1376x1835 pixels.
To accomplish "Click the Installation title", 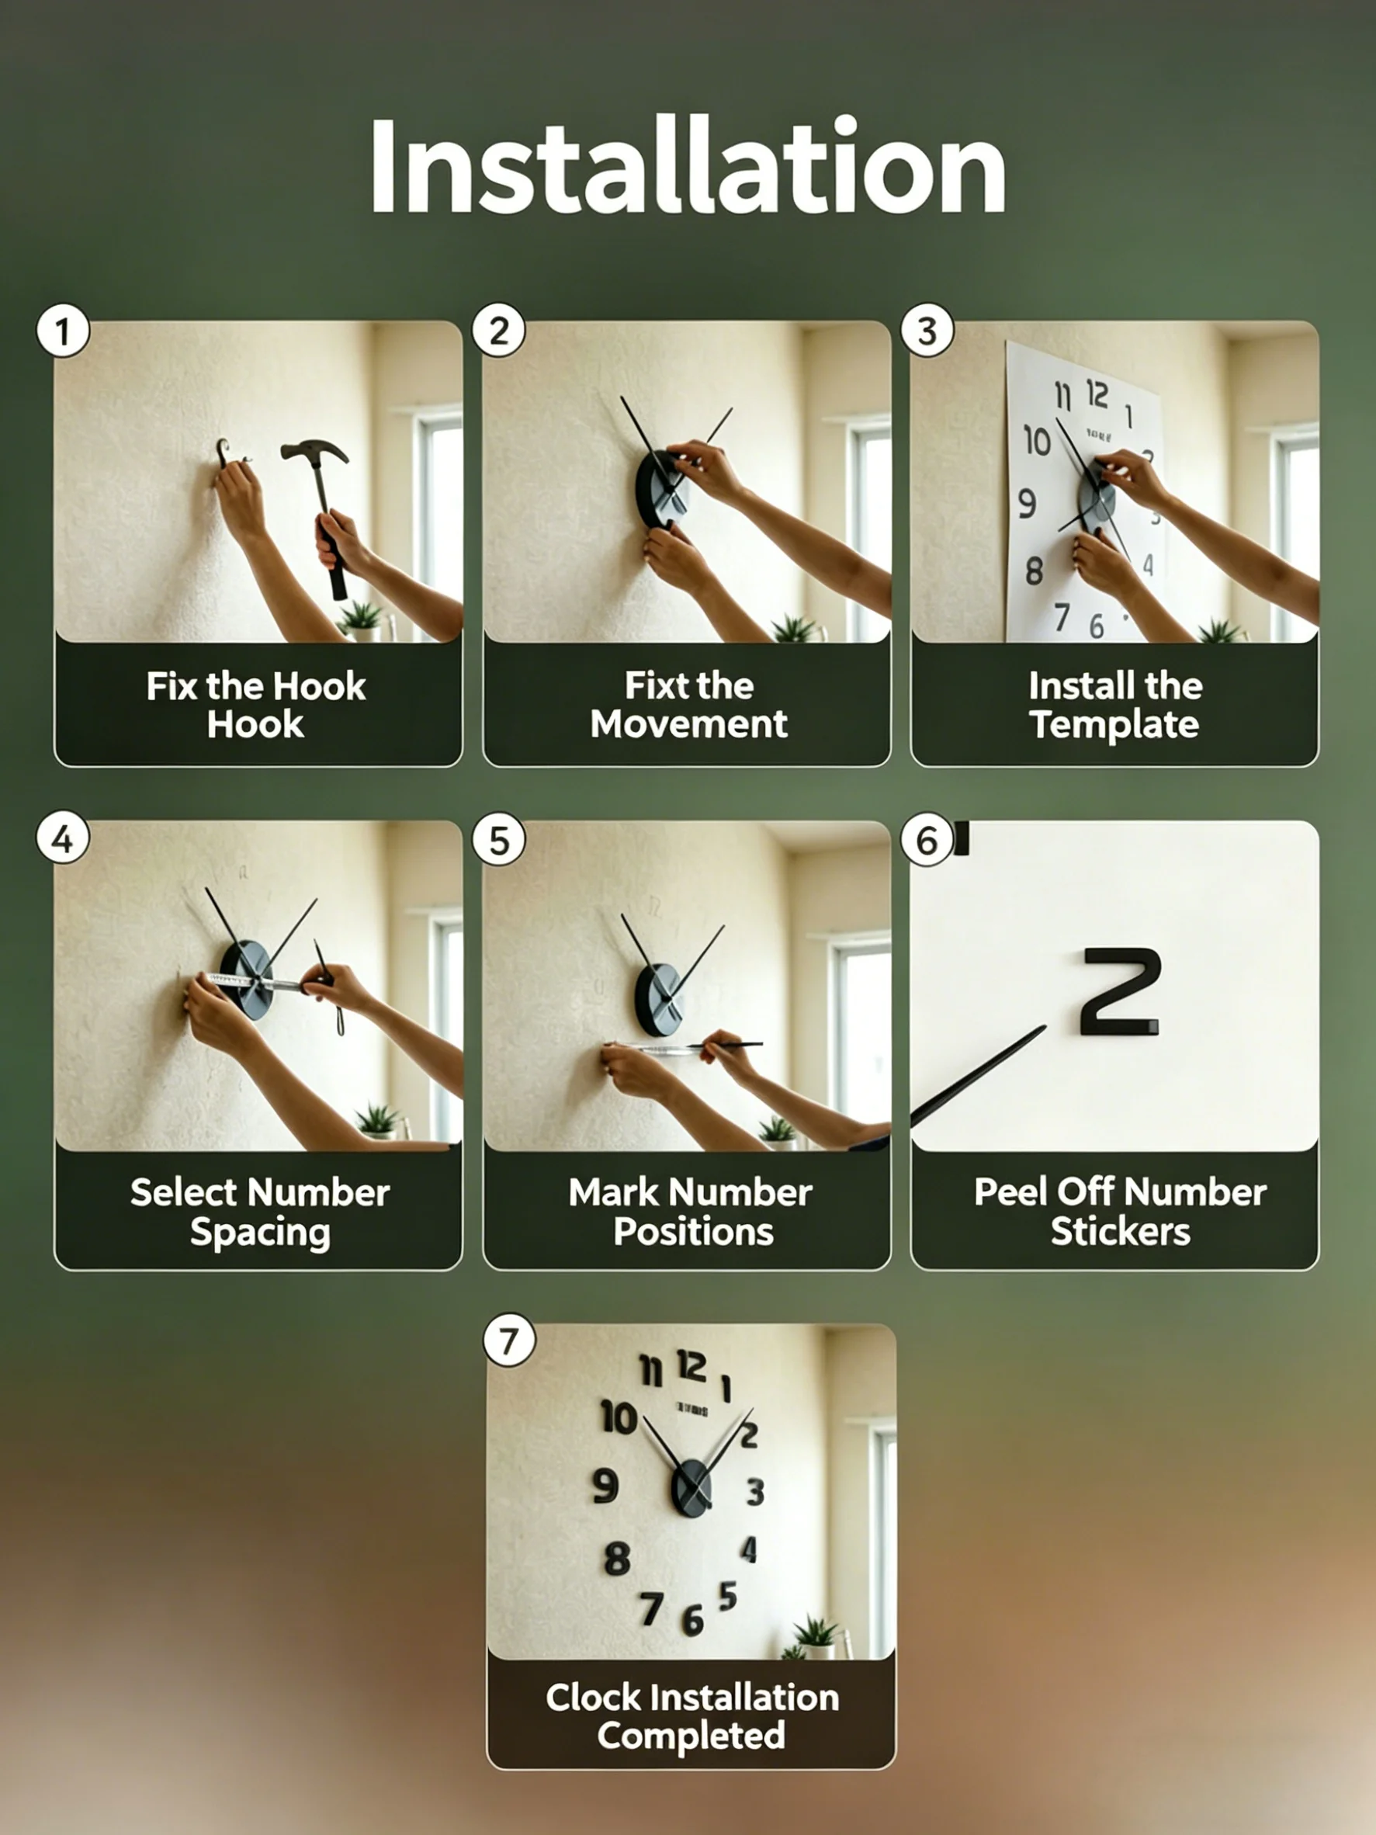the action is tap(688, 167).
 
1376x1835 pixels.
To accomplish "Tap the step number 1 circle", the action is tap(63, 331).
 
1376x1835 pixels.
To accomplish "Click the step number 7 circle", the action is tap(508, 1340).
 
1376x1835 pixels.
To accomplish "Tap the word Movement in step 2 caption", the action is tap(688, 724).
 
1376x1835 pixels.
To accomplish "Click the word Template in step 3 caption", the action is tap(1114, 725).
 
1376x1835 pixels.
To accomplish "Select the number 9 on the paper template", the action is tap(1027, 503).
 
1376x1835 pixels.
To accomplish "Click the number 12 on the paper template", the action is tap(1097, 394).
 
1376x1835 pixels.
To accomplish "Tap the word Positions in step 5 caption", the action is tap(693, 1232).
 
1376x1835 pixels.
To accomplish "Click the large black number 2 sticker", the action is tap(1121, 990).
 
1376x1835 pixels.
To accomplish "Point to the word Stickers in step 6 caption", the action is tap(1120, 1232).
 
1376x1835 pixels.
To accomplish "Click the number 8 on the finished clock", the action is tap(617, 1558).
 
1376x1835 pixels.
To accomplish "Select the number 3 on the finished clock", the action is tap(755, 1490).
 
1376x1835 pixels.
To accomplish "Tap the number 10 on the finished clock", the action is tap(619, 1417).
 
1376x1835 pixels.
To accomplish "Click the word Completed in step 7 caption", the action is tap(691, 1736).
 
